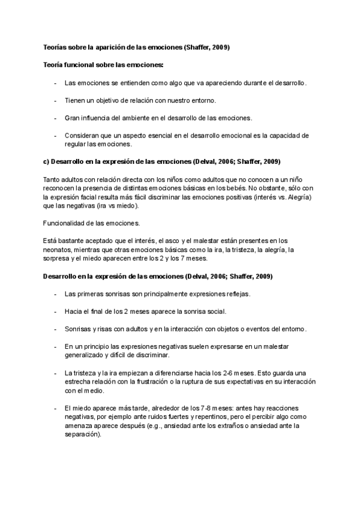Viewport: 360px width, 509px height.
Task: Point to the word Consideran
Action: click(81, 136)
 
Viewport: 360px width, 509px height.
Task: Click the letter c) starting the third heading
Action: click(46, 162)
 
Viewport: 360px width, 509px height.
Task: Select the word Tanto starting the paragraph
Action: click(53, 179)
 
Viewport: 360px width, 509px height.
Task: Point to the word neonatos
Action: click(59, 250)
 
